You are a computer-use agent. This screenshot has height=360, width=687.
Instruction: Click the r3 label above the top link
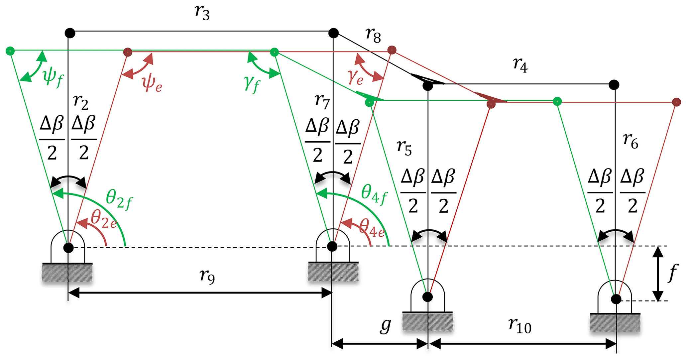coord(202,13)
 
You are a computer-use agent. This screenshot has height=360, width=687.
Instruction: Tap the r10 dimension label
coord(520,326)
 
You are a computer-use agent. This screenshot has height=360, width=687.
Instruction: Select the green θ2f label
coord(119,199)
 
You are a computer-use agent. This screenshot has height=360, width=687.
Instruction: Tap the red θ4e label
coord(372,229)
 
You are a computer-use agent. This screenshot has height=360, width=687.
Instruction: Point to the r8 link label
coord(373,35)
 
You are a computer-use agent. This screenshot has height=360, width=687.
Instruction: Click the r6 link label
coord(630,141)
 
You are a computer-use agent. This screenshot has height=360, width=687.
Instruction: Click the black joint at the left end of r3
coord(70,33)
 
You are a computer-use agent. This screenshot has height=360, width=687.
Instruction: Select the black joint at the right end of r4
coord(614,85)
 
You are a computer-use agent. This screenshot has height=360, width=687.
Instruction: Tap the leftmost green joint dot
coord(10,51)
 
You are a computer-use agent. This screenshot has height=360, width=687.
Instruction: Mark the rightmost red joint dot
coord(676,102)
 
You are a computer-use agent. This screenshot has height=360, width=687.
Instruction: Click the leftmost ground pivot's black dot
coord(68,247)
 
